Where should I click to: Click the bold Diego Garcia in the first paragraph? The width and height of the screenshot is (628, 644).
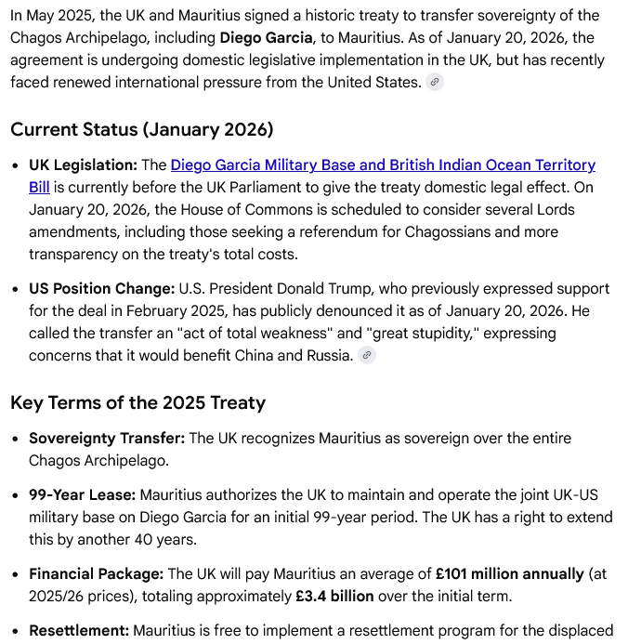266,38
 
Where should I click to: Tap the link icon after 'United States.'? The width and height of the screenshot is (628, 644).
435,82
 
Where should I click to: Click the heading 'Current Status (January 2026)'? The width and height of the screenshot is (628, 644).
141,129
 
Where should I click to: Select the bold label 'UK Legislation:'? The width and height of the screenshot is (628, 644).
83,165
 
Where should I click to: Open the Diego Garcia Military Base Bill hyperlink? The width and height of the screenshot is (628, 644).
383,165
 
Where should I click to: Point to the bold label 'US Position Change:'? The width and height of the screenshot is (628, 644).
101,289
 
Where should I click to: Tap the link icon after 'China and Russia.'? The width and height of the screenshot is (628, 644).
368,355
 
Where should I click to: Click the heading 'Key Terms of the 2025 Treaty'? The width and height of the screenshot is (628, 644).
137,402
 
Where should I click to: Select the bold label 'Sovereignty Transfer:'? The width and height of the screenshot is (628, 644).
107,438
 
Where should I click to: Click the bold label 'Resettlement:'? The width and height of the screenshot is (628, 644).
79,631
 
